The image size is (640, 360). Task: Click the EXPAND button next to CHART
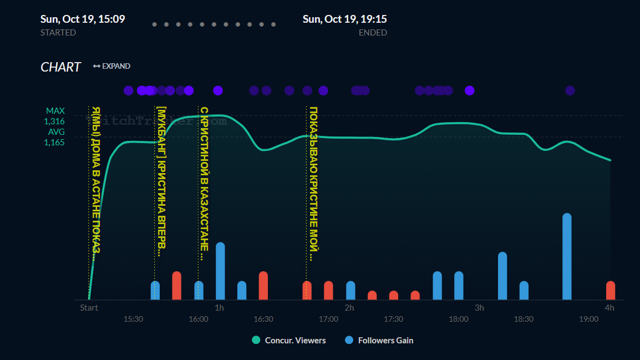pyautogui.click(x=112, y=66)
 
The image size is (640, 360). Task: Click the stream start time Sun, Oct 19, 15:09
pyautogui.click(x=83, y=19)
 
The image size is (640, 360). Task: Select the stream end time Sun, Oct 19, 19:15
pyautogui.click(x=344, y=19)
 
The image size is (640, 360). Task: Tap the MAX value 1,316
pyautogui.click(x=54, y=121)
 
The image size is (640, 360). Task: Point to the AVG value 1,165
pyautogui.click(x=54, y=142)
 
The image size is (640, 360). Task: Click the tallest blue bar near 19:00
pyautogui.click(x=567, y=256)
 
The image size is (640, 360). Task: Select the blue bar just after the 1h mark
pyautogui.click(x=220, y=271)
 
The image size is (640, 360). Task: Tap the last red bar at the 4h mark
pyautogui.click(x=611, y=290)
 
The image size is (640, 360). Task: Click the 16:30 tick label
pyautogui.click(x=263, y=319)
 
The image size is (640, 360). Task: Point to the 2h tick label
pyautogui.click(x=349, y=307)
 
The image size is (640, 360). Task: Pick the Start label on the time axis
pyautogui.click(x=89, y=307)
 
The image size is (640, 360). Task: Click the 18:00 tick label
pyautogui.click(x=459, y=319)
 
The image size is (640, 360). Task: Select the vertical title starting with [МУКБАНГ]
pyautogui.click(x=161, y=181)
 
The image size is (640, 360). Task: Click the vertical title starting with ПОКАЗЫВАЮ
pyautogui.click(x=313, y=183)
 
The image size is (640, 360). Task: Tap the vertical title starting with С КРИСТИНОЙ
pyautogui.click(x=204, y=183)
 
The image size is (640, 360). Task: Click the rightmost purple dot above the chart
pyautogui.click(x=570, y=90)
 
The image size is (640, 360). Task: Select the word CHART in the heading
pyautogui.click(x=60, y=67)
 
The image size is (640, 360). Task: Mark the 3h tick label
pyautogui.click(x=479, y=307)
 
